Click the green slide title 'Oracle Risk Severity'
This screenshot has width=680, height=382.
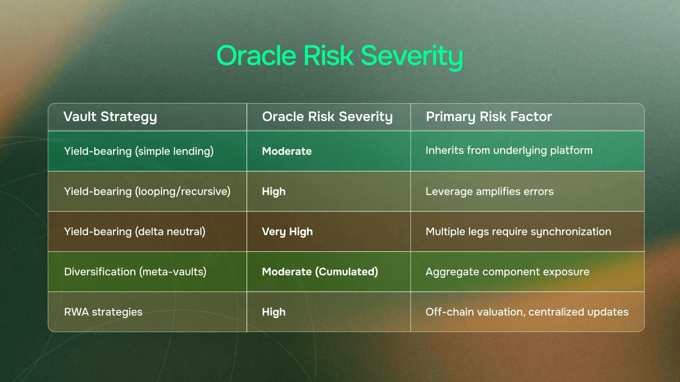(x=340, y=56)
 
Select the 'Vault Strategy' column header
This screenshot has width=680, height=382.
(x=110, y=117)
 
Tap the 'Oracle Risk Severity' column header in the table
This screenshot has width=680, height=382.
(x=327, y=117)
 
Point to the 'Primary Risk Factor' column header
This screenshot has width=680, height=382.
(x=489, y=117)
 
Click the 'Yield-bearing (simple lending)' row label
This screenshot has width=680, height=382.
(x=139, y=152)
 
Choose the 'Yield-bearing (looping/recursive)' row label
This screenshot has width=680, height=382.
(x=147, y=192)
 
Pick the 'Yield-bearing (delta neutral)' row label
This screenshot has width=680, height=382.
(x=134, y=232)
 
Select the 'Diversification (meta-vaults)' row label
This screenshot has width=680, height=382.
(x=135, y=272)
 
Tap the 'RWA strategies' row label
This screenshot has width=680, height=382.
(x=103, y=312)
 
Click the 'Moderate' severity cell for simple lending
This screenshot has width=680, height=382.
(x=287, y=151)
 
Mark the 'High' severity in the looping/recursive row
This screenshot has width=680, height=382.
(x=274, y=192)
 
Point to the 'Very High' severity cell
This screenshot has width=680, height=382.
(x=287, y=232)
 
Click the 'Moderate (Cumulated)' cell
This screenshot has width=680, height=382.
(x=320, y=272)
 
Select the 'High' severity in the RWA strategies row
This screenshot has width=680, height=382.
(x=274, y=312)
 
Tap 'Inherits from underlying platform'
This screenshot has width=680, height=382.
(x=509, y=151)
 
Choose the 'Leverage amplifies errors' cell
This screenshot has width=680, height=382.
(x=489, y=192)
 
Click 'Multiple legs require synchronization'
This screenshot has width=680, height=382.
(x=518, y=232)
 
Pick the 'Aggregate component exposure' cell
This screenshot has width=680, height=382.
(x=507, y=272)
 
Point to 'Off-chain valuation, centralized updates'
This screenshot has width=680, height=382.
(x=527, y=312)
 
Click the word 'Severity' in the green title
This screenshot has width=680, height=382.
(x=412, y=57)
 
